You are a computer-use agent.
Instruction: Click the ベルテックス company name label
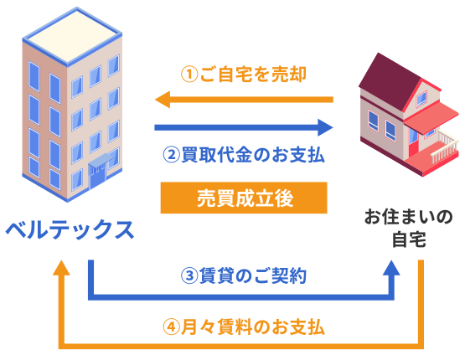coord(70,229)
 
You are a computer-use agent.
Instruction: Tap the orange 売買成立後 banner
coord(244,198)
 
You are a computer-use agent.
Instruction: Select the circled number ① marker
coord(189,75)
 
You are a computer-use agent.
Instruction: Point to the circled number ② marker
coord(172,155)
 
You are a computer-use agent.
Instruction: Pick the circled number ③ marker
coord(189,275)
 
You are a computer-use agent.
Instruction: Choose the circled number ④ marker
coord(172,327)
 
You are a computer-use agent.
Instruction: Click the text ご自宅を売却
coord(253,75)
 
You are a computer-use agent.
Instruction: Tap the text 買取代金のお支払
coord(253,155)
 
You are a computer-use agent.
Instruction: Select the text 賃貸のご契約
coord(253,275)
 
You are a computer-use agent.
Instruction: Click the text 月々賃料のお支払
coord(253,327)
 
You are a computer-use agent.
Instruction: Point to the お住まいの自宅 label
coord(409,229)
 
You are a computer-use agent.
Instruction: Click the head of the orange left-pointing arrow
coord(163,100)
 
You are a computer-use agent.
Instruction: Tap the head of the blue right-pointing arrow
coord(325,128)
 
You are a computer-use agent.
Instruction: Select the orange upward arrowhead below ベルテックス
coord(61,268)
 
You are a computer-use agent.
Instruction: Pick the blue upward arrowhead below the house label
coord(391,268)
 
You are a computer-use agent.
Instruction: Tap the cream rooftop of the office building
coord(72,35)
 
